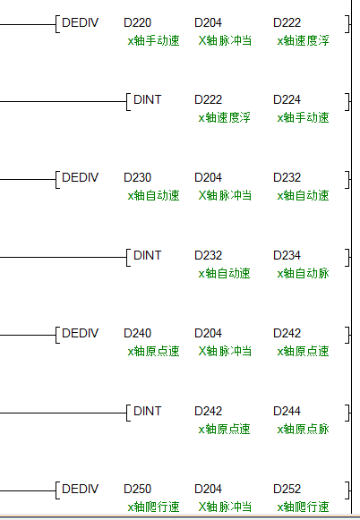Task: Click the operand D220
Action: [x=137, y=22]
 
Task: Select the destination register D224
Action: [x=287, y=99]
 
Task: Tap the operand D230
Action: [x=137, y=177]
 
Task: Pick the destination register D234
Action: [x=287, y=255]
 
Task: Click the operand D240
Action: [x=137, y=333]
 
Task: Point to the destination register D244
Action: [x=287, y=411]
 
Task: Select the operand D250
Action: [x=137, y=489]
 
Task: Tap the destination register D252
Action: [x=287, y=489]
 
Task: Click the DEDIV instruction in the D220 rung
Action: [x=81, y=22]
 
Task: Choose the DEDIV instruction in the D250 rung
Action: [x=81, y=489]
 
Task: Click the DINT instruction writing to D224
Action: [x=148, y=99]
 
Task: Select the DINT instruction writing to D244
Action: [x=148, y=411]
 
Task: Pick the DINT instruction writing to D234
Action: [x=148, y=255]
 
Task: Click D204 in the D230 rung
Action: [x=208, y=177]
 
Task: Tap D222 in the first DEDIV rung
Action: [x=287, y=22]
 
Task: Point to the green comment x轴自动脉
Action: [x=303, y=274]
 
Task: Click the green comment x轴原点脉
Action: [x=303, y=429]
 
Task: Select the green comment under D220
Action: [x=153, y=41]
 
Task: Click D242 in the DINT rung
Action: [x=208, y=411]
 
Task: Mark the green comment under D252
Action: [x=303, y=507]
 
